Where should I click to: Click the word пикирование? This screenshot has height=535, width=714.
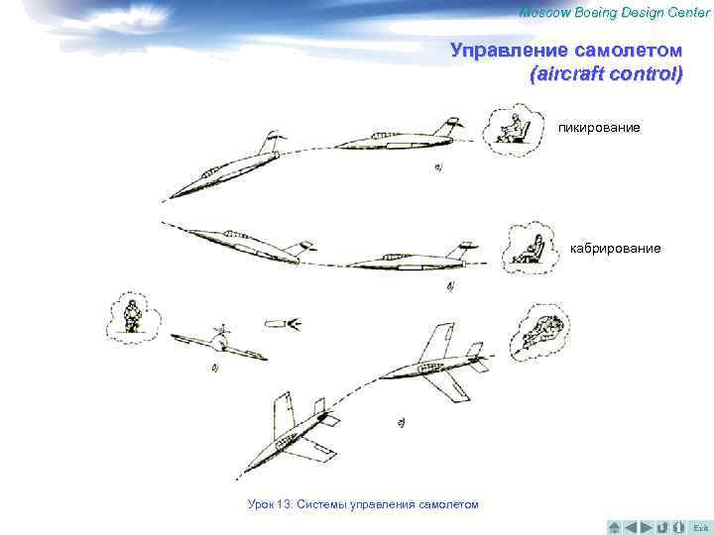point(599,128)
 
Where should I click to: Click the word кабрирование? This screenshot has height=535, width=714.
point(615,249)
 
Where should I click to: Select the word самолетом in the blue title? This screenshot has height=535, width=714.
point(629,51)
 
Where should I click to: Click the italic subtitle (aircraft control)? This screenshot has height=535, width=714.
point(606,74)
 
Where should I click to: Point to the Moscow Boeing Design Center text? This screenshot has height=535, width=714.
point(615,13)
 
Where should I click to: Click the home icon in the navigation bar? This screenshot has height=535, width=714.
point(614,527)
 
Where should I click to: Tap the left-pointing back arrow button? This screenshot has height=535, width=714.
point(631,527)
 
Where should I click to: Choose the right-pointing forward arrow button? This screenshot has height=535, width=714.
point(647,527)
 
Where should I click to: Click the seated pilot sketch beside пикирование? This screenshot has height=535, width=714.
point(514,129)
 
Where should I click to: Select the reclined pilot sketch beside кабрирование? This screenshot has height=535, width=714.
point(530,250)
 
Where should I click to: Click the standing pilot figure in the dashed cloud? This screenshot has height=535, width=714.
point(133,316)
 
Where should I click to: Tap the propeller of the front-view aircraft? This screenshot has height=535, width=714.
point(222,330)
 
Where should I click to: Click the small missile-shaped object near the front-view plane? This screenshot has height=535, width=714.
point(283,324)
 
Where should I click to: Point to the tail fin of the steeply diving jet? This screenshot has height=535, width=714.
point(271,142)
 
